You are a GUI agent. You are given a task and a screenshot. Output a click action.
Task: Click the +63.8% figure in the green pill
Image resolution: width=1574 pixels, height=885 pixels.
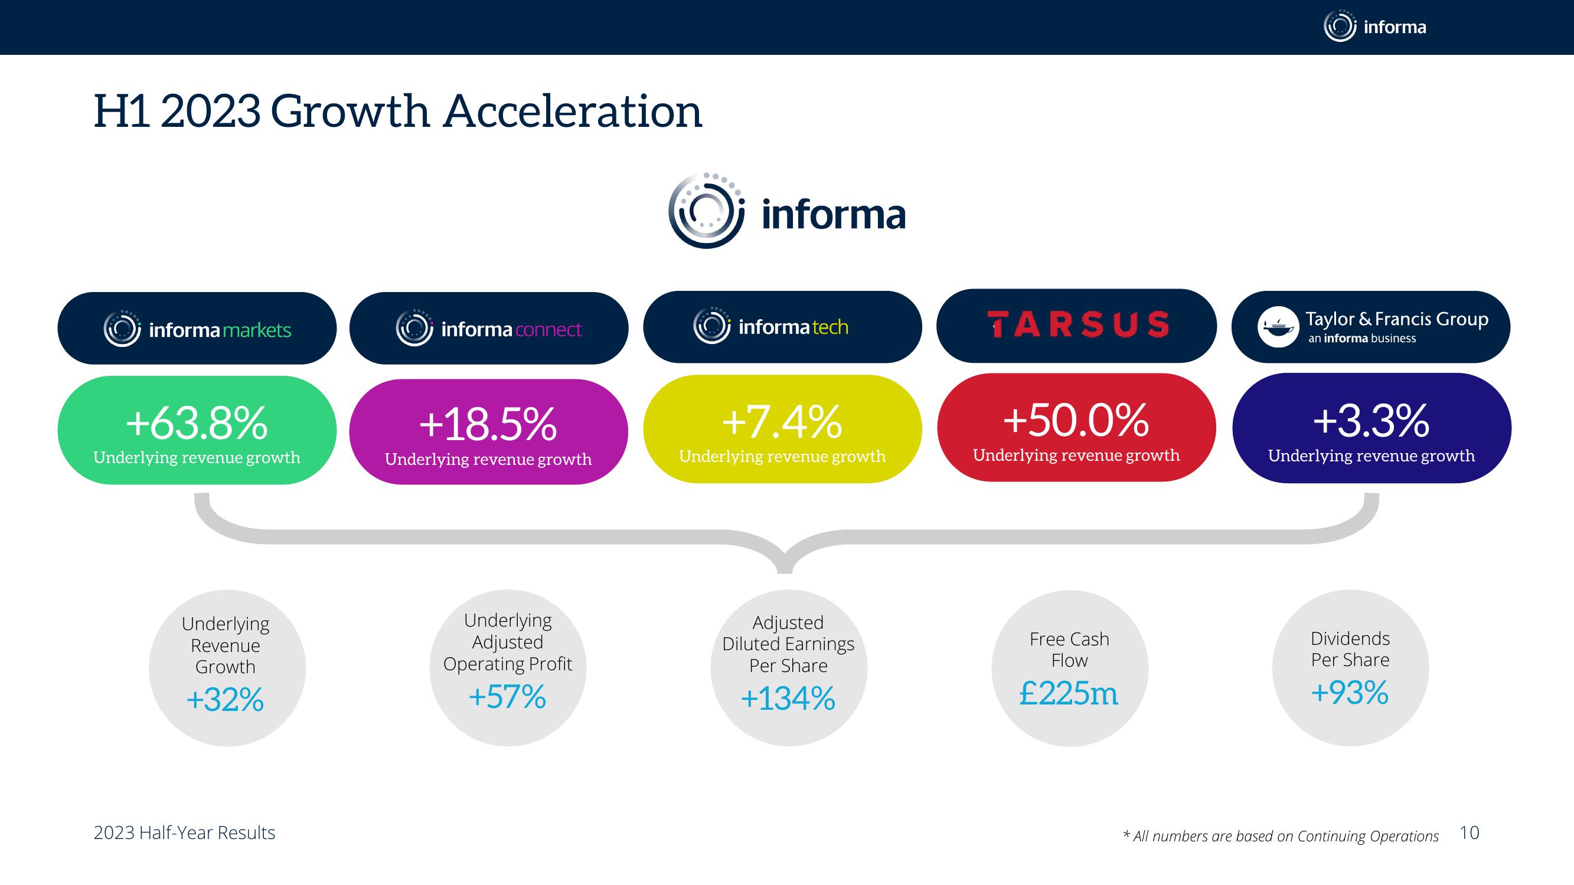(197, 422)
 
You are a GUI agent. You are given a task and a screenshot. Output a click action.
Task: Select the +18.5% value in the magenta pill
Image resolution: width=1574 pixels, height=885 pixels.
(488, 424)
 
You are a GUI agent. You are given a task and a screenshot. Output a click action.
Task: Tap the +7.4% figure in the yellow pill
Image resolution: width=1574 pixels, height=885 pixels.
(782, 422)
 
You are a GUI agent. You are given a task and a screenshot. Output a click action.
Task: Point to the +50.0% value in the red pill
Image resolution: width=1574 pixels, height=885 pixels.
(1076, 420)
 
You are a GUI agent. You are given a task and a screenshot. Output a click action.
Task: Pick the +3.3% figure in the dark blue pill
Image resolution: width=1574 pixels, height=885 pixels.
(1371, 421)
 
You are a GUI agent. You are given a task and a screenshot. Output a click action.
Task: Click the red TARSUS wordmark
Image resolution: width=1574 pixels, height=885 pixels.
(1078, 324)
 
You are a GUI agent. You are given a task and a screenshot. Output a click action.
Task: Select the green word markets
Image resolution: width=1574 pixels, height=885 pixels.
(257, 330)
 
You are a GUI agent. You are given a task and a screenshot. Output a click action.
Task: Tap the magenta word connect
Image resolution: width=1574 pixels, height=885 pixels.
(548, 330)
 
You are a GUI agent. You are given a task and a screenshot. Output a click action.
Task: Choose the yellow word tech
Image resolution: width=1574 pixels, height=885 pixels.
(830, 327)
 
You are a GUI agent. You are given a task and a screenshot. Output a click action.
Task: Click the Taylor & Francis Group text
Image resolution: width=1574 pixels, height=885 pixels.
(1397, 319)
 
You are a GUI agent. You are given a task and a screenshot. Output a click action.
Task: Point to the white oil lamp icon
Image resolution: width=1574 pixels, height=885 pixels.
(1278, 327)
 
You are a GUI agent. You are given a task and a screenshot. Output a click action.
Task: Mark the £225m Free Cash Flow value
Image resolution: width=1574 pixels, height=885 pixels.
(1069, 693)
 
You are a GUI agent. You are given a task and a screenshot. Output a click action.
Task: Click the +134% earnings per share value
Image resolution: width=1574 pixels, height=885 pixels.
(788, 698)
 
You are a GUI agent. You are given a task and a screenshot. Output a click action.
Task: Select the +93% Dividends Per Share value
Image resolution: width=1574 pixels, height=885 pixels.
(1350, 693)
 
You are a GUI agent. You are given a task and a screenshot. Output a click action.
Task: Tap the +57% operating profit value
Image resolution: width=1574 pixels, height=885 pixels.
(507, 696)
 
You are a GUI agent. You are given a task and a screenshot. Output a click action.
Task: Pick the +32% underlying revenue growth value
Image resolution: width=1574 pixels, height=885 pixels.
(225, 699)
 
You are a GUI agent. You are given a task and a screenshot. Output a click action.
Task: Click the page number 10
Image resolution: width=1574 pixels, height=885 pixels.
(1469, 832)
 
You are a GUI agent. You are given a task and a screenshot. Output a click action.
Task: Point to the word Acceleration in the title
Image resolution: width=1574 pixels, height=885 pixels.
(573, 112)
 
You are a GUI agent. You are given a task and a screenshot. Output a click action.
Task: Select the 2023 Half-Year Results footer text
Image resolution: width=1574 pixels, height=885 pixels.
(185, 833)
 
